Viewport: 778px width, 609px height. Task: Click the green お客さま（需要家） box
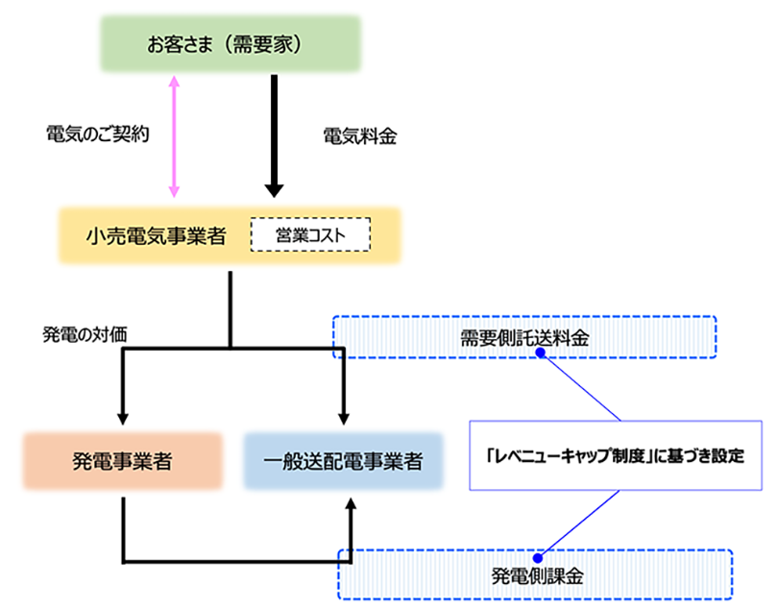tap(231, 44)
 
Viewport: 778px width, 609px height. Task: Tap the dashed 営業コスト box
tap(310, 234)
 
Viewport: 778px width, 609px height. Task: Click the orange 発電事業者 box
tap(123, 460)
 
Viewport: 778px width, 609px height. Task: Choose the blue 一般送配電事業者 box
tap(343, 460)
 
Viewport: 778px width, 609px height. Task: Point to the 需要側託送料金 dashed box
tap(523, 337)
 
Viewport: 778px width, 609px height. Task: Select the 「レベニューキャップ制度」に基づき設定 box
tap(615, 455)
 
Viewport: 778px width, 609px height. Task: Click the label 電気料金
tap(360, 136)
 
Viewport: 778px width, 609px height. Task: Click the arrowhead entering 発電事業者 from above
tap(123, 417)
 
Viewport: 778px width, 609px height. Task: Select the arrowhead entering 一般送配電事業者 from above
tap(343, 417)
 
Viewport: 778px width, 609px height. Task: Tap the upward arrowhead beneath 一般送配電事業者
tap(352, 503)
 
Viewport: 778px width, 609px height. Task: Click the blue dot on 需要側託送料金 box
tap(540, 353)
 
